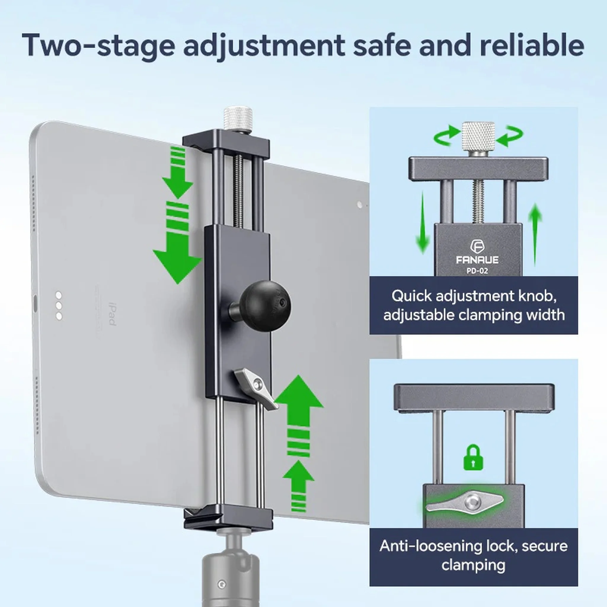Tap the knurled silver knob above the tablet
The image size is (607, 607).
pyautogui.click(x=238, y=120)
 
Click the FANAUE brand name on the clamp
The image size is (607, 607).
pyautogui.click(x=477, y=260)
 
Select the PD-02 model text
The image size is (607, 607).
pyautogui.click(x=477, y=271)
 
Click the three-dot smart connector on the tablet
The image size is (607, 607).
pyautogui.click(x=59, y=306)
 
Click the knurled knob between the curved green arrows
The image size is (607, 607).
pyautogui.click(x=478, y=138)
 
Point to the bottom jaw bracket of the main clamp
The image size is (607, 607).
pyautogui.click(x=228, y=518)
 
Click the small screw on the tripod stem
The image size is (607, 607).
pyautogui.click(x=222, y=584)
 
